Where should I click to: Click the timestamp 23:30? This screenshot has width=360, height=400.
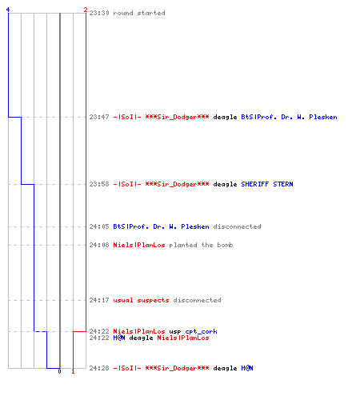pos(99,13)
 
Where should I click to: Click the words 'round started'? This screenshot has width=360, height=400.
pos(139,13)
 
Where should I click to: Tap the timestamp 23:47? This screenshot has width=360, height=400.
pos(99,117)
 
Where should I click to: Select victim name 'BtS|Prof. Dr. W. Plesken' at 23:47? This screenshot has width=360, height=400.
pos(289,117)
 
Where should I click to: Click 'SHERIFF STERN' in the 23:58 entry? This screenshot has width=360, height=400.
pos(267,184)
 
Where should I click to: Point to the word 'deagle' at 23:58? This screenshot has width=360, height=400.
pos(225,184)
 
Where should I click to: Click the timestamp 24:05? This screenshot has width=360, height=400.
pos(99,226)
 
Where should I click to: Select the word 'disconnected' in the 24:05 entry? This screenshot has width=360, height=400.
pos(237,226)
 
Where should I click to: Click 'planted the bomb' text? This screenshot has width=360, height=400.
pos(201,245)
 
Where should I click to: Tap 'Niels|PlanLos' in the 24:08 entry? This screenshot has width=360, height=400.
pos(139,245)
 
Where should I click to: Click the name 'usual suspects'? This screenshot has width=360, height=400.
pos(141,300)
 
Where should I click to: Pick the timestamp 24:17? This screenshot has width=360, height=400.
pos(99,300)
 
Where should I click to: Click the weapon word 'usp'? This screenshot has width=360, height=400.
pos(175,332)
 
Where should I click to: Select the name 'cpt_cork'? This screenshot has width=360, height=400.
pos(201,331)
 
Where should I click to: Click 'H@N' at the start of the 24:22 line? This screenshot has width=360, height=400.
pos(119,338)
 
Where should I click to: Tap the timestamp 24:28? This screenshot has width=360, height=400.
pos(99,368)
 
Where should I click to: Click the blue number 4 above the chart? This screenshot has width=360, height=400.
pos(8,10)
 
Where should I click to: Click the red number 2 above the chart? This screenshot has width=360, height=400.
pos(86,10)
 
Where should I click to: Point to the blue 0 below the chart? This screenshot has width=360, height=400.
pos(59,371)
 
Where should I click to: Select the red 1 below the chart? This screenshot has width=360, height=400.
pos(73,371)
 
